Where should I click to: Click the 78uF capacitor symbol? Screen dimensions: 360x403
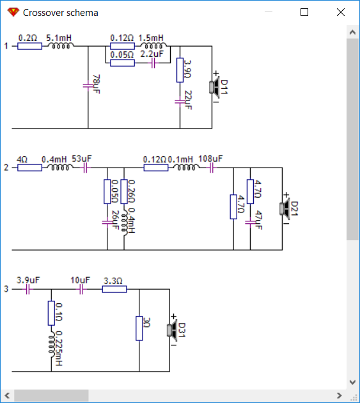[x=88, y=86]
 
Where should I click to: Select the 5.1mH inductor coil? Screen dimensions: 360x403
[x=61, y=46]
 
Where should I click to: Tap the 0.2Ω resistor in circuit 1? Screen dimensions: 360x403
[x=30, y=46]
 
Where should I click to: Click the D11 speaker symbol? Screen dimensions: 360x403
[x=215, y=88]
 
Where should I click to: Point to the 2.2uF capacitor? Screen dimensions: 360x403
[x=153, y=63]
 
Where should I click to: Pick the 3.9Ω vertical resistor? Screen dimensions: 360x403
[x=180, y=70]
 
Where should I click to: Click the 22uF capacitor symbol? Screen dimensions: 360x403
[x=180, y=102]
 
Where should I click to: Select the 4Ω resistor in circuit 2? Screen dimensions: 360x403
[x=30, y=168]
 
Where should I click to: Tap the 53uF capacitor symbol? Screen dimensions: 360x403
[x=86, y=168]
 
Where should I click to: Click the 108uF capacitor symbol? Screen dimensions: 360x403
[x=212, y=168]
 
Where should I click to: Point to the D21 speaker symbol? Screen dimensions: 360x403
[x=285, y=209]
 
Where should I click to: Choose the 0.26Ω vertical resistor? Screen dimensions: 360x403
[x=124, y=192]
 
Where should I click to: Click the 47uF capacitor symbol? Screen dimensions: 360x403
[x=250, y=223]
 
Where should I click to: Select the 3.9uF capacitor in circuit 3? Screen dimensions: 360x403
[x=28, y=290]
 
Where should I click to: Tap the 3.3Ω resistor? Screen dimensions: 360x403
[x=114, y=289]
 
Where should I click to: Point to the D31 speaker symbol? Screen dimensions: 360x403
[x=172, y=330]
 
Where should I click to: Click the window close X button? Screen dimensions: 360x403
[x=341, y=12]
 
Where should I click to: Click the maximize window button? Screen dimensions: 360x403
[x=304, y=12]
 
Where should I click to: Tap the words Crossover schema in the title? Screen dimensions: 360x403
[x=61, y=13]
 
